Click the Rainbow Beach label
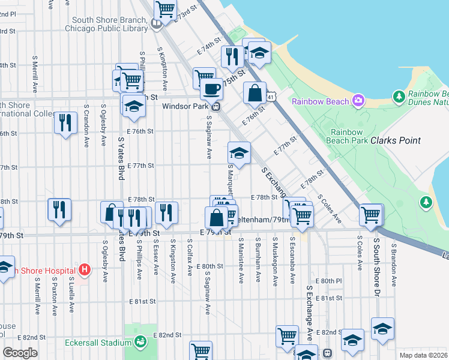320,101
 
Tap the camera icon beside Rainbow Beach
358,100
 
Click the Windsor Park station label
184,106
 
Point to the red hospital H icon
85,270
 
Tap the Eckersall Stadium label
98,343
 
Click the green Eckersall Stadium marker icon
140,343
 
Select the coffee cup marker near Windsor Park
210,89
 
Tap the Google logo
20,353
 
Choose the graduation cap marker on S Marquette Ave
239,152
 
